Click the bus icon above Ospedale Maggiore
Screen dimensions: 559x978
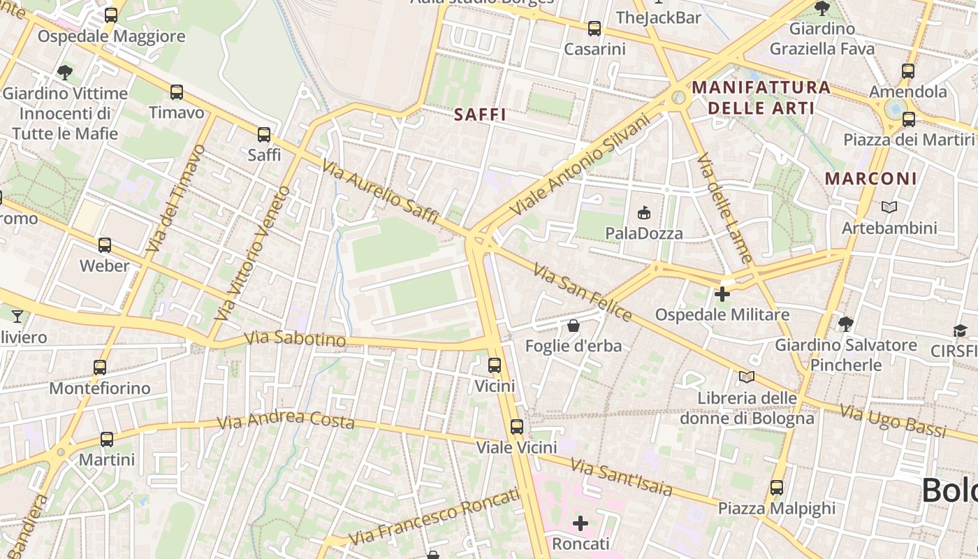pyautogui.click(x=110, y=15)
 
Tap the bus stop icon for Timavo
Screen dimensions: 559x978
pyautogui.click(x=177, y=92)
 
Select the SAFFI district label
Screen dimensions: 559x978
pyautogui.click(x=479, y=115)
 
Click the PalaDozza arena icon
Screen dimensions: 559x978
pyautogui.click(x=643, y=212)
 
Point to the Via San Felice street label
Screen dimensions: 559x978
pyautogui.click(x=583, y=292)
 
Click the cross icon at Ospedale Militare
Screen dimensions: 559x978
pyautogui.click(x=722, y=294)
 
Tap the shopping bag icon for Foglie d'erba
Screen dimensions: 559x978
pyautogui.click(x=573, y=325)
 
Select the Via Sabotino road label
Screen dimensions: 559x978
pyautogui.click(x=295, y=339)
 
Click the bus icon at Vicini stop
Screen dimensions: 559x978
pyautogui.click(x=495, y=365)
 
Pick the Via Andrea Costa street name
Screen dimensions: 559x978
pyautogui.click(x=286, y=420)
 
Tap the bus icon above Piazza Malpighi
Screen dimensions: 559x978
pyautogui.click(x=777, y=488)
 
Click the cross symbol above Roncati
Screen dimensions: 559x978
pyautogui.click(x=581, y=523)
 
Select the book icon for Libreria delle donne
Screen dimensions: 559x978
pyautogui.click(x=747, y=377)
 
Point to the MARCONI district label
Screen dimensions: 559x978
pyautogui.click(x=870, y=178)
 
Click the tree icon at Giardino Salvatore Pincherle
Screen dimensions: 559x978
pyautogui.click(x=845, y=324)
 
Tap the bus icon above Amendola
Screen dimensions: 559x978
pyautogui.click(x=907, y=71)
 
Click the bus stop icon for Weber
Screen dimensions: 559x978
pyautogui.click(x=105, y=245)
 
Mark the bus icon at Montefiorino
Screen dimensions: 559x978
pyautogui.click(x=100, y=367)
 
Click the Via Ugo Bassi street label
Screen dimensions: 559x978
pyautogui.click(x=893, y=420)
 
